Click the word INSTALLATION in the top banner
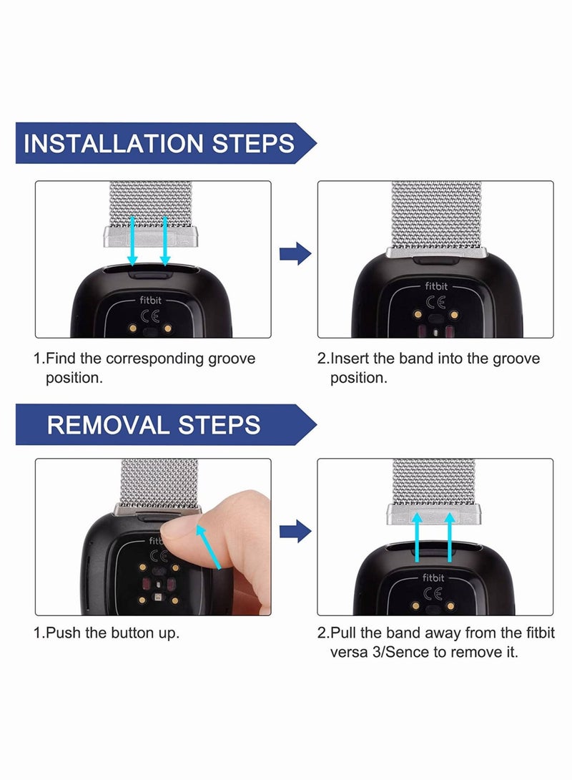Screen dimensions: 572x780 coord(114,143)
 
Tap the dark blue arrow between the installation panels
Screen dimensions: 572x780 coord(295,254)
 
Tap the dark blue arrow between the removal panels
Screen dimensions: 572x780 coord(295,531)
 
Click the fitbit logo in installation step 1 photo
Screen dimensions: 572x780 coord(151,300)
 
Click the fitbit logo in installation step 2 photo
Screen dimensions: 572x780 coord(436,286)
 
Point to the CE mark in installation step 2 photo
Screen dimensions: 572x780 coord(436,301)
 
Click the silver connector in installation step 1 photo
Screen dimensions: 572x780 coord(151,237)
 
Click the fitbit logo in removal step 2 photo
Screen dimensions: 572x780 coord(433,577)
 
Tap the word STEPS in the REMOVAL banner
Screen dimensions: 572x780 coord(220,425)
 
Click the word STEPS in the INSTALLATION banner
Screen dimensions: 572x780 coord(253,143)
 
